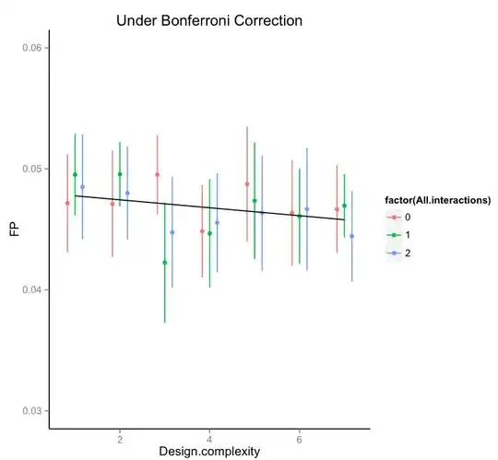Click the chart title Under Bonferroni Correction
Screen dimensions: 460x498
(209, 19)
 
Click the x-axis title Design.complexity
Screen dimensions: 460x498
(208, 451)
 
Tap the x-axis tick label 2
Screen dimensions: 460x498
(120, 437)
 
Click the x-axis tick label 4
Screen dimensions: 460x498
(209, 437)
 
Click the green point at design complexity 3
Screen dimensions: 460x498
(165, 263)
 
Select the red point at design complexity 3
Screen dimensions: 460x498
(158, 174)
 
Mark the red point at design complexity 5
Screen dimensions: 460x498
(247, 183)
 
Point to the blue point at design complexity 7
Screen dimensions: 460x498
(351, 236)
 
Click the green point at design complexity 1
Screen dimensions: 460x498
(76, 174)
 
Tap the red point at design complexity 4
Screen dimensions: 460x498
(202, 230)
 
